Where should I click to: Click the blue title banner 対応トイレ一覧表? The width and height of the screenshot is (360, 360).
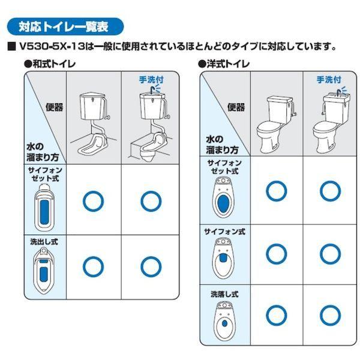tap(65, 26)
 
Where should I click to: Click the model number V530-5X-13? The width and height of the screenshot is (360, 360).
tap(52, 47)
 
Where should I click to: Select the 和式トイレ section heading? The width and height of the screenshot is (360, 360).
tap(50, 64)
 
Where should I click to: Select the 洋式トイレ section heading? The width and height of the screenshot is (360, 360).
tap(224, 64)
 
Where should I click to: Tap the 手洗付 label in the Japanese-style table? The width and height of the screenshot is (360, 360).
tap(151, 80)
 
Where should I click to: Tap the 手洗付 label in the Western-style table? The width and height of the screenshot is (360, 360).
tap(329, 80)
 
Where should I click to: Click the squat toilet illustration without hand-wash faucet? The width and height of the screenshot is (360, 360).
tap(94, 123)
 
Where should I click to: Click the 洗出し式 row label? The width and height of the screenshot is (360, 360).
tap(44, 242)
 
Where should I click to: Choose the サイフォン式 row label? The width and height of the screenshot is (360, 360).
tap(225, 232)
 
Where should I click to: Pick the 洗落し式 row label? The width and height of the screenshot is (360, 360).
tap(225, 294)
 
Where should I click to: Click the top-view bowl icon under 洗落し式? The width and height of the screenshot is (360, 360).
tap(224, 321)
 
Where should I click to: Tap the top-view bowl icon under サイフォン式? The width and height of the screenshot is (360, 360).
tap(223, 258)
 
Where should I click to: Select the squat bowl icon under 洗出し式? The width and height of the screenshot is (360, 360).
tap(44, 271)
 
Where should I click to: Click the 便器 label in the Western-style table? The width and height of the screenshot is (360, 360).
tap(236, 107)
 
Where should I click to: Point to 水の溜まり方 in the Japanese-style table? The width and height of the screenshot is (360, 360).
tap(43, 152)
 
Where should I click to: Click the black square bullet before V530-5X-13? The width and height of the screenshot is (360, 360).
tap(12, 47)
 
